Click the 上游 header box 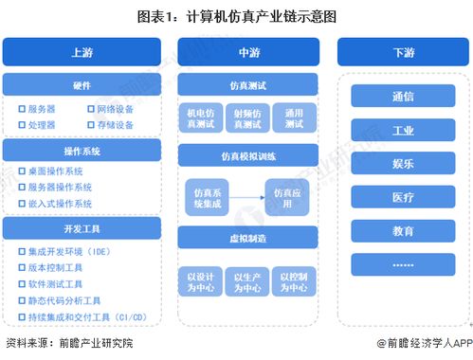click(82, 53)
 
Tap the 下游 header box click(402, 53)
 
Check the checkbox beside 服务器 click(21, 110)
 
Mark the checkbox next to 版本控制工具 click(21, 268)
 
